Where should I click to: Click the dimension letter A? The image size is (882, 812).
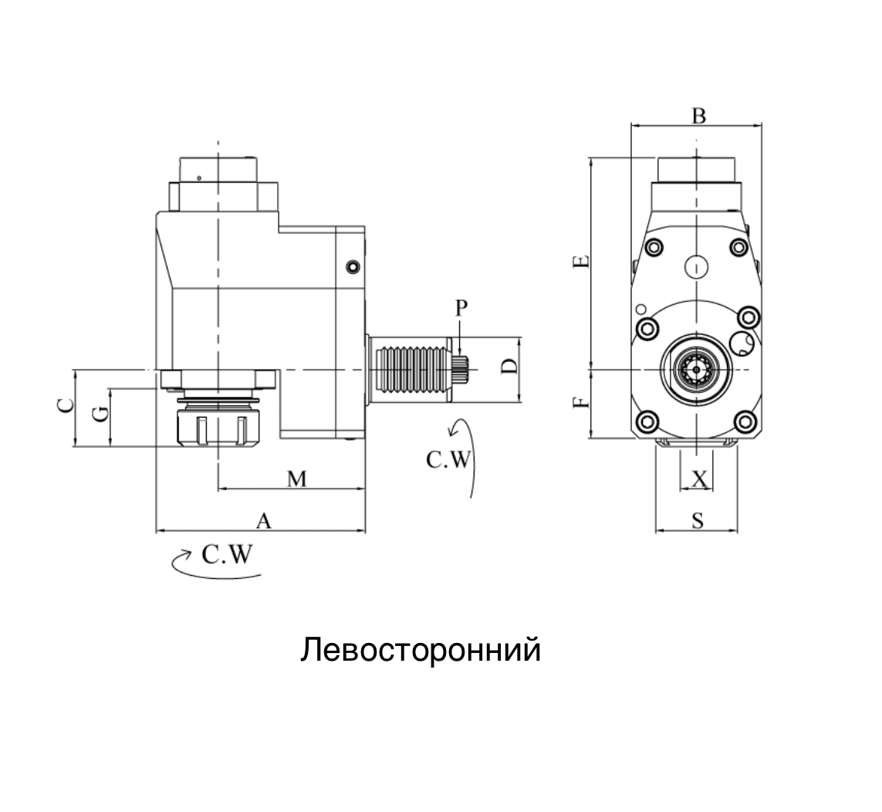pyautogui.click(x=263, y=521)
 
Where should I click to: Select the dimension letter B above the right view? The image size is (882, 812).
pyautogui.click(x=698, y=116)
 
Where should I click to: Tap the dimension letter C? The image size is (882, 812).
pyautogui.click(x=66, y=406)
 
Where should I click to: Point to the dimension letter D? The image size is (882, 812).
pyautogui.click(x=509, y=367)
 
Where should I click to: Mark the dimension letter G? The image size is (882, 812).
pyautogui.click(x=100, y=414)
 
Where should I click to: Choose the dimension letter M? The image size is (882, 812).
pyautogui.click(x=297, y=479)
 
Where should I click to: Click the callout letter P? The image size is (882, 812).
pyautogui.click(x=461, y=308)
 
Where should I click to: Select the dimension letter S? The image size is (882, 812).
pyautogui.click(x=698, y=521)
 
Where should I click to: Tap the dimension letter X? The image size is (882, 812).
pyautogui.click(x=699, y=479)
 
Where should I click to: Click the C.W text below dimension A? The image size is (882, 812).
pyautogui.click(x=227, y=555)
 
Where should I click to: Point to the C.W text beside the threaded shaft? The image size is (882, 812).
pyautogui.click(x=448, y=460)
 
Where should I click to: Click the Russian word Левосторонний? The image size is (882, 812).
pyautogui.click(x=421, y=649)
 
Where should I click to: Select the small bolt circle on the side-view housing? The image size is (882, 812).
pyautogui.click(x=353, y=267)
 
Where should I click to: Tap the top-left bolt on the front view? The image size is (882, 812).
pyautogui.click(x=654, y=247)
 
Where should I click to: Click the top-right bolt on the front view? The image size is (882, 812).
pyautogui.click(x=738, y=247)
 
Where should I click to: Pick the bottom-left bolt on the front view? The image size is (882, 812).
pyautogui.click(x=647, y=421)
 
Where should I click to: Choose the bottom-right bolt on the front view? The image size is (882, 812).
pyautogui.click(x=745, y=421)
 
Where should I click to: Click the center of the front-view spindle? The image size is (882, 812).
pyautogui.click(x=696, y=370)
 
